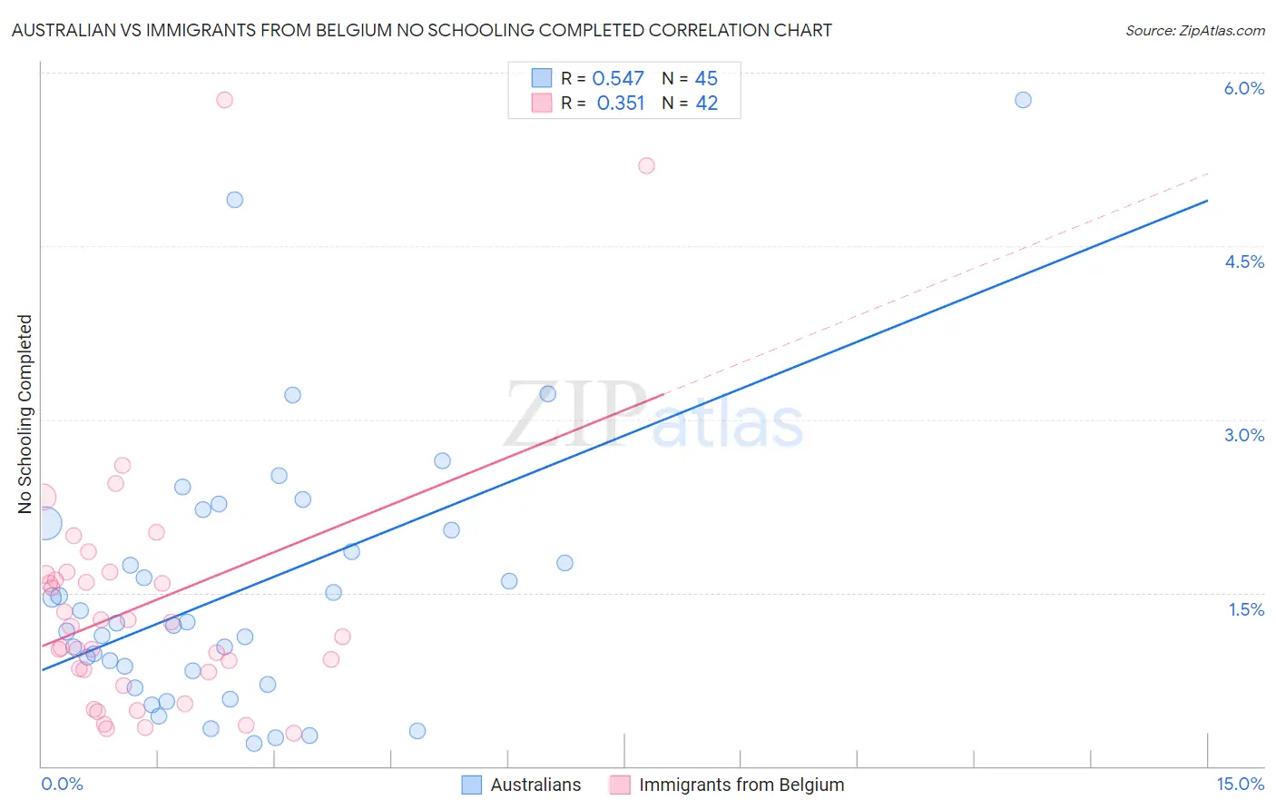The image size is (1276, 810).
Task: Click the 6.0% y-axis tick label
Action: click(1243, 88)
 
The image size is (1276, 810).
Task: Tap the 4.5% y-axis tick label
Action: click(1243, 262)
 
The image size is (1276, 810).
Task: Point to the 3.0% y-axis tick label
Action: click(1243, 435)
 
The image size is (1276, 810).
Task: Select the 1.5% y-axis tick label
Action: click(1246, 609)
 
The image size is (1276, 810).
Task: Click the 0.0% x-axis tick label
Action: click(62, 784)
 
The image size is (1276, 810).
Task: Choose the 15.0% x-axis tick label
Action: click(1240, 784)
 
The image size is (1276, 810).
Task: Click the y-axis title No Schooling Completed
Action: click(25, 414)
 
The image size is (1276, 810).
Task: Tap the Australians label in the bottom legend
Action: click(535, 785)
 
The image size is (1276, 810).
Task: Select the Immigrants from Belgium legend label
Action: click(741, 785)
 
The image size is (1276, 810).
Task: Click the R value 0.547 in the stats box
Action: click(618, 79)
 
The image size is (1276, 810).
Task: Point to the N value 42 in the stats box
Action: click(706, 104)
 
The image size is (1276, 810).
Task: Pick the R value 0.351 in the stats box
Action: click(621, 104)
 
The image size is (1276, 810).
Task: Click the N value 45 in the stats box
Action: click(706, 79)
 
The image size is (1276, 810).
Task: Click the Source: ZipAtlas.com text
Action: click(1194, 30)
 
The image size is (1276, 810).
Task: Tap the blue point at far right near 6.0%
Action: click(1023, 100)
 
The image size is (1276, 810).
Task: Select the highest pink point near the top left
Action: click(224, 100)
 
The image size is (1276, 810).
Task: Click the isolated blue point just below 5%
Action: click(234, 200)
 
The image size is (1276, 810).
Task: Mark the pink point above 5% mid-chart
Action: click(646, 165)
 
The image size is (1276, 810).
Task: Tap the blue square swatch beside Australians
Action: click(471, 785)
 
